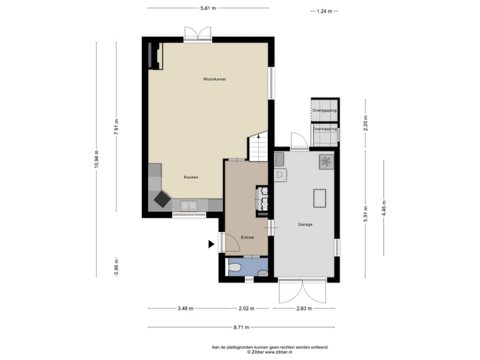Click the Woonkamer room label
pyautogui.click(x=215, y=79)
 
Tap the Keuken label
pyautogui.click(x=191, y=177)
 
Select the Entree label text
pyautogui.click(x=247, y=237)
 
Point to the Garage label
pyautogui.click(x=305, y=224)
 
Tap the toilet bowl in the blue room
pyautogui.click(x=235, y=269)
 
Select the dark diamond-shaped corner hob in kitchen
pyautogui.click(x=162, y=199)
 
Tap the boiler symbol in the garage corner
pyautogui.click(x=326, y=161)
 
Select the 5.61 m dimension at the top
pyautogui.click(x=208, y=8)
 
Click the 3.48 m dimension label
pyautogui.click(x=185, y=309)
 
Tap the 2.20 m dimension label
pyautogui.click(x=365, y=122)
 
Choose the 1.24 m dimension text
pyautogui.click(x=324, y=11)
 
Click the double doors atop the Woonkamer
pyautogui.click(x=197, y=35)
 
